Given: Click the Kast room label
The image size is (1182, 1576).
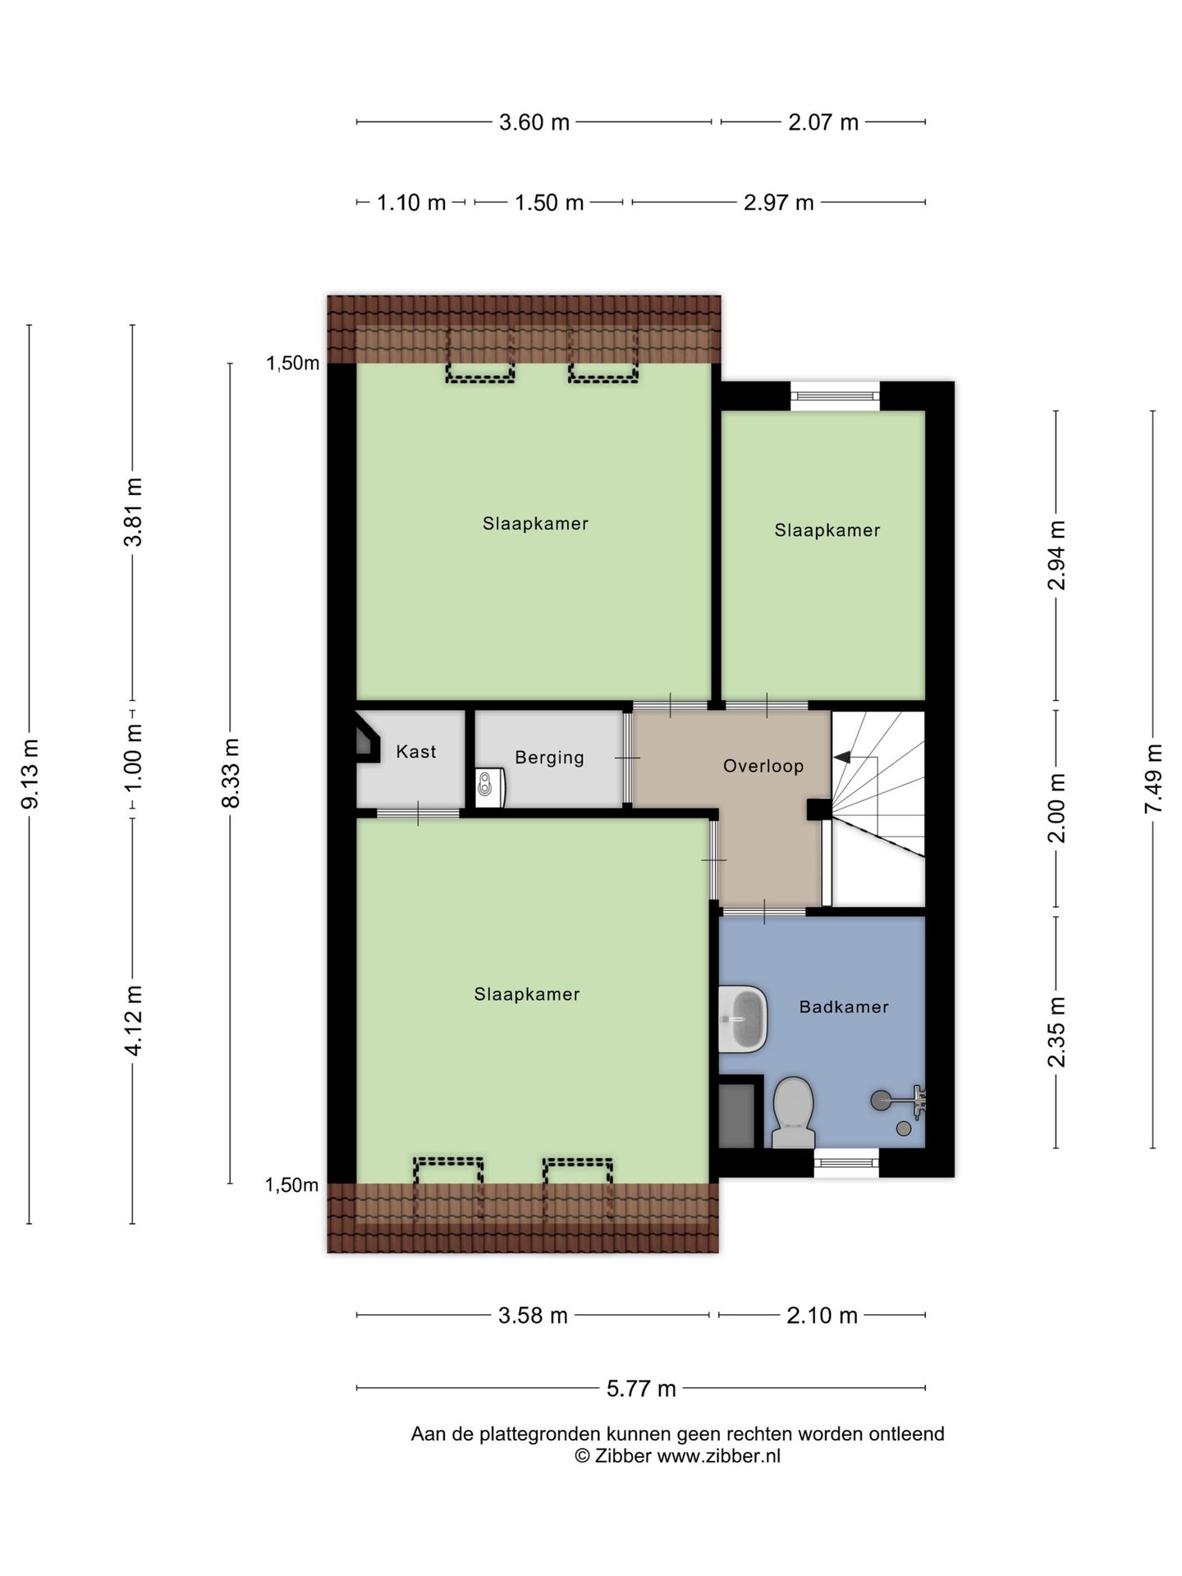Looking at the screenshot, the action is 416,751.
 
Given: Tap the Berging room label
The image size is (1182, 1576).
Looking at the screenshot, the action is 549,758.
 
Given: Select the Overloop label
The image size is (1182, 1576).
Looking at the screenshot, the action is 763,766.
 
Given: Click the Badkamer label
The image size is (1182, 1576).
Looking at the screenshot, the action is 844,1006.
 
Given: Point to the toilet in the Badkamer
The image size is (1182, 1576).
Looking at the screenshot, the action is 793,1112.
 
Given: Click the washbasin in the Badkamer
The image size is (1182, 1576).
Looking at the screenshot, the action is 744,1019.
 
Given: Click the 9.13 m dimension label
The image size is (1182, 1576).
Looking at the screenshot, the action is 30,774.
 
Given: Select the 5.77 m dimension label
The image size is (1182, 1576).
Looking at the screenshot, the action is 641,1388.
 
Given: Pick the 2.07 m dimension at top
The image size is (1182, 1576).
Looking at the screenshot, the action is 823,122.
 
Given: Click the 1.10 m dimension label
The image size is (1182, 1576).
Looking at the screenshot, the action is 410,203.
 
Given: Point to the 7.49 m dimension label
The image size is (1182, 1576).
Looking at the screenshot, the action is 1153,779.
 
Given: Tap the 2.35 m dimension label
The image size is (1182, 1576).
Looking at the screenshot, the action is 1056,1033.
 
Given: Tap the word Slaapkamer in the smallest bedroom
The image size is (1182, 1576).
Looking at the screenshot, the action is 827,530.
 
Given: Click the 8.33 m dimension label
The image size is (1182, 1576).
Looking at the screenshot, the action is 232,773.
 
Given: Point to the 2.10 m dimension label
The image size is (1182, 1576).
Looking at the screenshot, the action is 822,1316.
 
